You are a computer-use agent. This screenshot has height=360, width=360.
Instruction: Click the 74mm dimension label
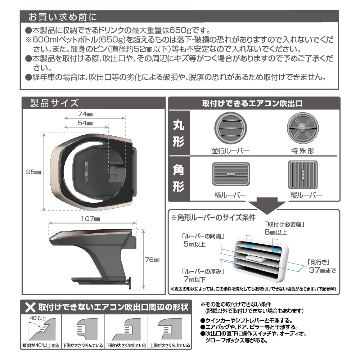86,114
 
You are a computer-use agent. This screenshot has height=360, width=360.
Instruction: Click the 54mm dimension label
85,123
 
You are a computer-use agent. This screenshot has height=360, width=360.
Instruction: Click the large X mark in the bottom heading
30,307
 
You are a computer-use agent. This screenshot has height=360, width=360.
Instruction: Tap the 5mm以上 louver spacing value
195,244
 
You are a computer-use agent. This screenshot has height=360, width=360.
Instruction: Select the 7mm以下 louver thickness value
195,279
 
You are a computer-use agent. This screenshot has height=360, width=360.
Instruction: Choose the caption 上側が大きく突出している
170,345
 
